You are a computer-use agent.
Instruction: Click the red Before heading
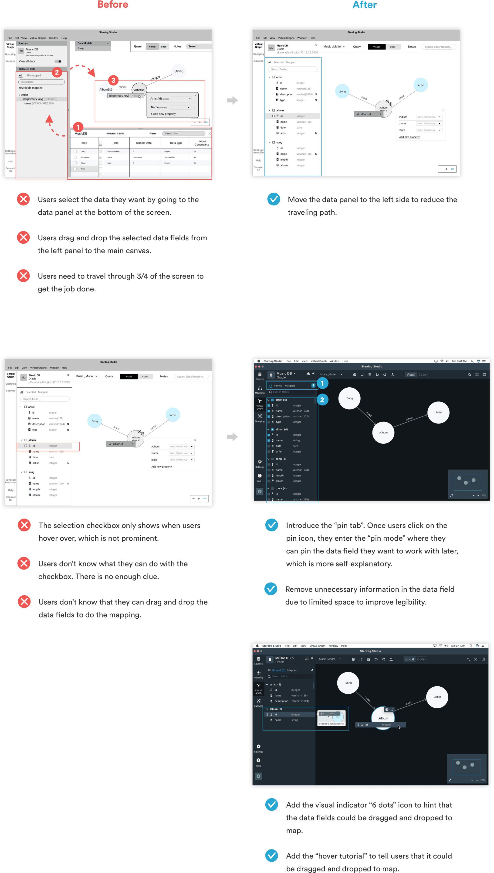coord(113,5)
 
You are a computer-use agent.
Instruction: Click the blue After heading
coord(364,5)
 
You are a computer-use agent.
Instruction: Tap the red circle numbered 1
coord(78,127)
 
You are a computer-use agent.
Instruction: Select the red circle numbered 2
coord(57,72)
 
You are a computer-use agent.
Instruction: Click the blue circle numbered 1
coord(322,383)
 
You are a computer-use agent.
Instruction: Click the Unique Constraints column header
coord(202,143)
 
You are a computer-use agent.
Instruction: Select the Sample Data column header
coord(143,143)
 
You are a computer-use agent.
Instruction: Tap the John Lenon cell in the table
coord(137,157)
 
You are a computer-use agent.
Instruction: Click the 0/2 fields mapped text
coord(31,88)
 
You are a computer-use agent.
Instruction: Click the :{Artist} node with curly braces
coord(179,71)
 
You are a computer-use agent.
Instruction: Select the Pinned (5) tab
coord(279,670)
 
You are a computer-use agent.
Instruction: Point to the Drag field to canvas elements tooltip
coord(331,724)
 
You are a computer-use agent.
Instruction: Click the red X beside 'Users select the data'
coord(24,199)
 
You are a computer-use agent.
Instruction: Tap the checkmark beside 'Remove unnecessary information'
coord(271,589)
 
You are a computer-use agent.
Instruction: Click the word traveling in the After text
coord(312,212)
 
